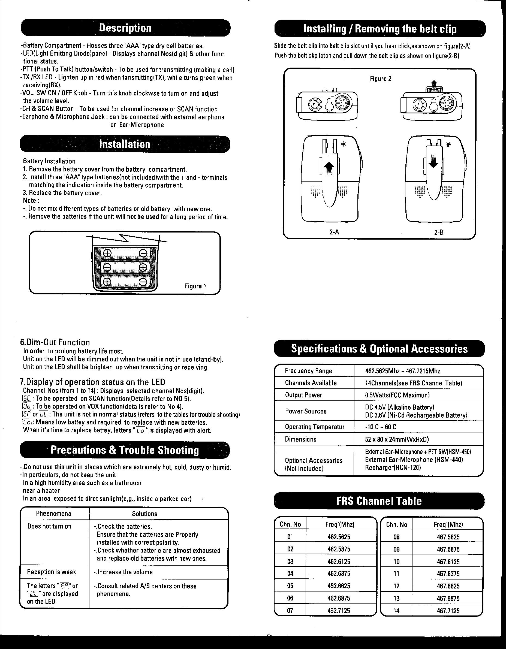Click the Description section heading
pyautogui.click(x=125, y=28)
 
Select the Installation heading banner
pyautogui.click(x=125, y=144)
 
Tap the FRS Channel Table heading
pyautogui.click(x=379, y=501)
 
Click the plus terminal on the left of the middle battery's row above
pyautogui.click(x=107, y=253)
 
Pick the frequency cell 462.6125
pyautogui.click(x=339, y=562)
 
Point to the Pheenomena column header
pyautogui.click(x=53, y=514)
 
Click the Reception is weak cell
pyautogui.click(x=52, y=572)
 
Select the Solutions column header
pyautogui.click(x=144, y=514)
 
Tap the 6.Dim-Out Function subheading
pyautogui.click(x=55, y=342)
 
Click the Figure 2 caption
pyautogui.click(x=380, y=79)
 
